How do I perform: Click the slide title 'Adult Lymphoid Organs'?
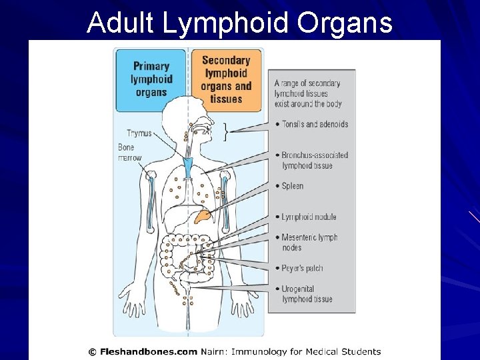(239, 22)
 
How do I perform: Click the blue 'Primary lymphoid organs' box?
(151, 79)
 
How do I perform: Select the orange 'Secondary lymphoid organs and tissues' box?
(226, 79)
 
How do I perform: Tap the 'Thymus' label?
(139, 133)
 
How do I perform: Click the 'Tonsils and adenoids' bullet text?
(314, 124)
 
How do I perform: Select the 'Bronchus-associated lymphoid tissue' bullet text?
(314, 160)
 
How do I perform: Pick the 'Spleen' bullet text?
(292, 186)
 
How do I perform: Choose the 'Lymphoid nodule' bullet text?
(309, 217)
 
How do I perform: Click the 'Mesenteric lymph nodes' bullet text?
(309, 242)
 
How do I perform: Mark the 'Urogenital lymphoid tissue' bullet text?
(307, 294)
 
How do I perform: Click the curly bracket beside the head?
(227, 131)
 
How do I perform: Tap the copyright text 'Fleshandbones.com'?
(154, 351)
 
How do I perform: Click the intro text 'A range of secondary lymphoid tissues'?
(307, 93)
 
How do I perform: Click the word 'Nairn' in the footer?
(215, 351)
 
